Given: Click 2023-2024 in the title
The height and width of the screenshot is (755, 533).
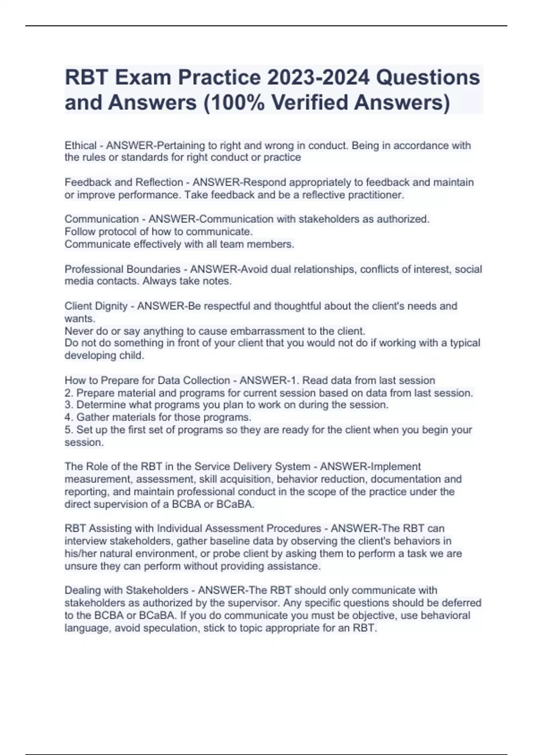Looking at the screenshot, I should click(318, 77).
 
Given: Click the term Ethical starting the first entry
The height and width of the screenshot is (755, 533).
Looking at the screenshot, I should click(80, 145).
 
